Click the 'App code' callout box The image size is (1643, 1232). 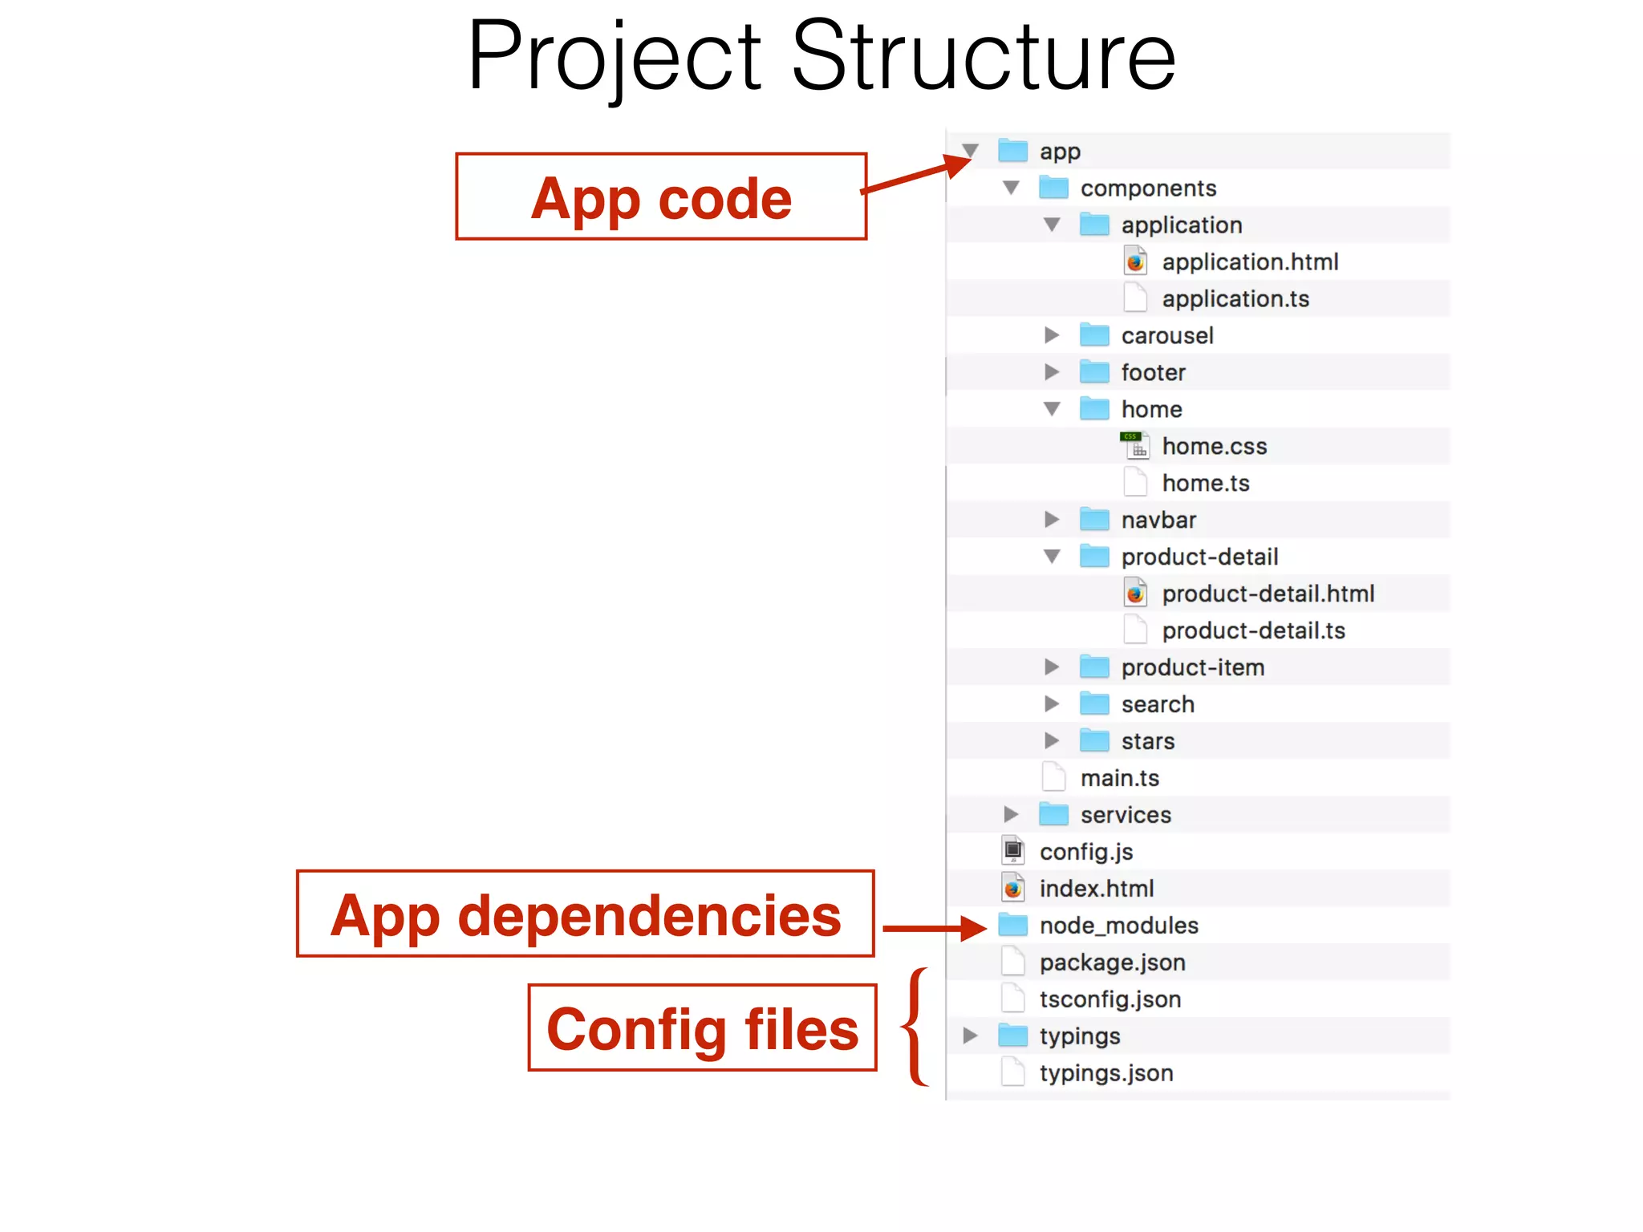pos(661,197)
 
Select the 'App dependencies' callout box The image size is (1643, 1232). pos(585,914)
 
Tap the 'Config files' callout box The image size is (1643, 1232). pos(702,1027)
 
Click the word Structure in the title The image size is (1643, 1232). pos(984,56)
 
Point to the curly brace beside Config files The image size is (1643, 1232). pos(915,1027)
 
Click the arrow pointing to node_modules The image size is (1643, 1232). pos(935,928)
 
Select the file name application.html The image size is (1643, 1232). pos(1250,262)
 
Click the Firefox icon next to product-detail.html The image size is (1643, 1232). pos(1135,594)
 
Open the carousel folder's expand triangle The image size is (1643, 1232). pos(1052,335)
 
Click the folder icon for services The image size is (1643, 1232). pos(1053,815)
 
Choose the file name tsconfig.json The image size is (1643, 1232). pos(1110,999)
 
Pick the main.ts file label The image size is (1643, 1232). pos(1120,778)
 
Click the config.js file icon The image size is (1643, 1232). pos(1013,851)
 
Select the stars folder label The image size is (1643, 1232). pos(1148,741)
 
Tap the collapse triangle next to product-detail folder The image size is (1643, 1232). pos(1052,557)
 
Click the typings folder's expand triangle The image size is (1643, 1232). pos(970,1035)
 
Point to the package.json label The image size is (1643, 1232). pos(1112,962)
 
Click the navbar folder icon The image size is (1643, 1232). pos(1094,520)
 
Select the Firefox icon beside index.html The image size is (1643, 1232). pos(1013,888)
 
